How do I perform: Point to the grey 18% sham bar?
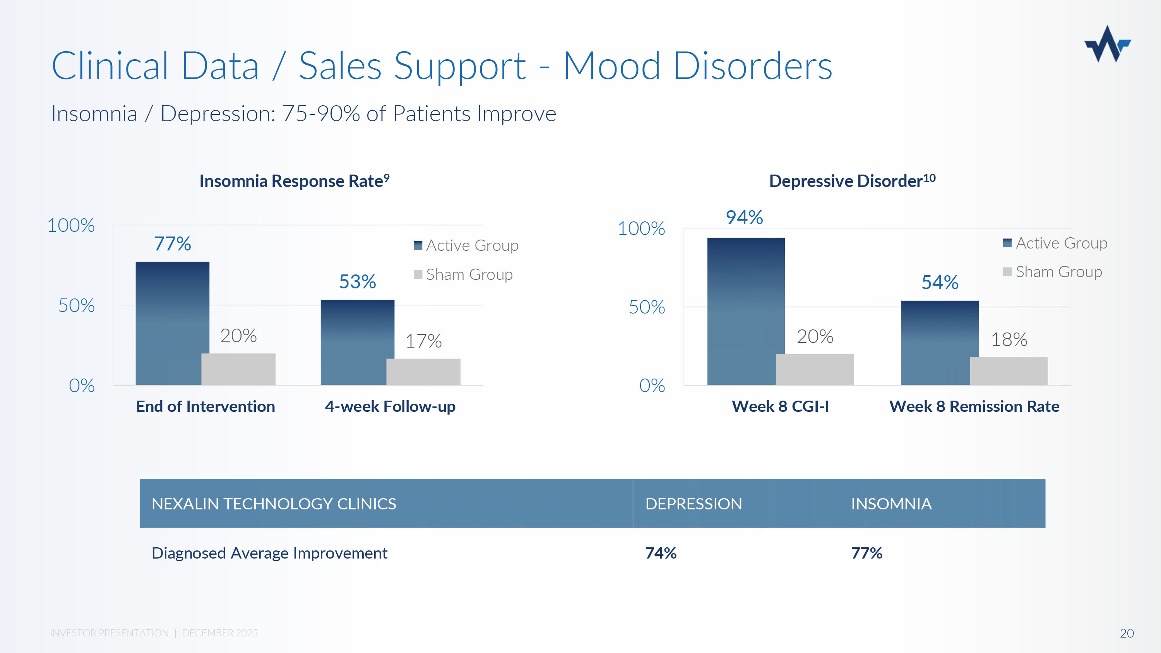click(1009, 370)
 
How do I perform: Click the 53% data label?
click(358, 282)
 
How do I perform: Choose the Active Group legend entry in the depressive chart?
click(1055, 243)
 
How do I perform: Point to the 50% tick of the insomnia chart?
click(76, 305)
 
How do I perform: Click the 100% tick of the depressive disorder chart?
click(641, 228)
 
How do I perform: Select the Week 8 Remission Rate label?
click(974, 406)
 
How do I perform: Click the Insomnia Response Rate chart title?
click(294, 181)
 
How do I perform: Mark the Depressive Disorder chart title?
click(852, 181)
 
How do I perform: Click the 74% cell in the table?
click(661, 553)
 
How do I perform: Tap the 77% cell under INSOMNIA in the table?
click(866, 553)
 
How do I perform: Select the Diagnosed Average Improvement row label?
click(269, 553)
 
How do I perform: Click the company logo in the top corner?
click(1107, 44)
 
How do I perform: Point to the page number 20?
click(1126, 633)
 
